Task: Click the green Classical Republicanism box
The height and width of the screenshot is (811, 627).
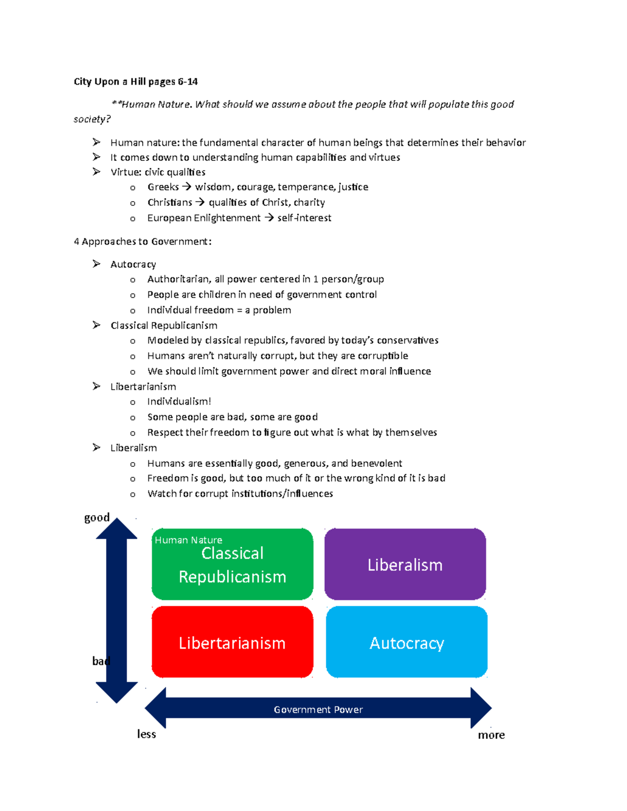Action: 233,564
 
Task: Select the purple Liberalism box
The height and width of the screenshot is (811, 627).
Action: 405,564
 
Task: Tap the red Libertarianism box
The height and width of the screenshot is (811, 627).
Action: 233,642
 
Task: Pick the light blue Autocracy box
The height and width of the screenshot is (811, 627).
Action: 407,642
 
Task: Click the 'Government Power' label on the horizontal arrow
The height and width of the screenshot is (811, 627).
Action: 318,710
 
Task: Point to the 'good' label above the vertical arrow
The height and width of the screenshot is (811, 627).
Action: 97,518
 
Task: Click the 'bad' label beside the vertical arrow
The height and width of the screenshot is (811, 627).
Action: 101,661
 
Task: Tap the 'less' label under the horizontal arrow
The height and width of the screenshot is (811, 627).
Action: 146,734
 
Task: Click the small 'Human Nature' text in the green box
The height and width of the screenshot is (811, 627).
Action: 188,540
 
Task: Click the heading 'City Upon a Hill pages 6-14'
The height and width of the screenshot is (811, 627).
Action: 135,82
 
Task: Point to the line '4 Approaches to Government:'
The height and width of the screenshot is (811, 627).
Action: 143,242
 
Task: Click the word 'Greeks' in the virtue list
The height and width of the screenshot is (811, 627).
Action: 163,186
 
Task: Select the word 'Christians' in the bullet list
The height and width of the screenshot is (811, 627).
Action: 169,202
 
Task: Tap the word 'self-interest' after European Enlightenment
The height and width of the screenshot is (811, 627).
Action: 304,218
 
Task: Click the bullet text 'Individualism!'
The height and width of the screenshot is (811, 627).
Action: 179,402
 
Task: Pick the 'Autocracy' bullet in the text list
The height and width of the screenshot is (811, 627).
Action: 133,265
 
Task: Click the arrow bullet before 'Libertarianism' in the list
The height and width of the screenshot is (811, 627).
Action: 96,386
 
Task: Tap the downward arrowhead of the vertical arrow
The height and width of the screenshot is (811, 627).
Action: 117,692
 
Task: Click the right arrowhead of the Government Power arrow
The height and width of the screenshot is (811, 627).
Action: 481,708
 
